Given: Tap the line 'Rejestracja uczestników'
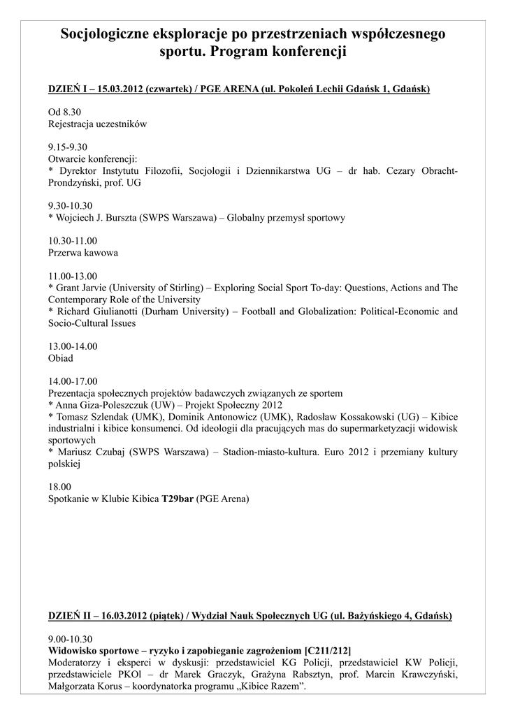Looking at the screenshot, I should (x=98, y=124).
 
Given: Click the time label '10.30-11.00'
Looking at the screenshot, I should (x=73, y=240).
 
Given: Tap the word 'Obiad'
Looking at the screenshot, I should (x=61, y=358).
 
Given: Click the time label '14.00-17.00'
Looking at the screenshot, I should (x=73, y=381).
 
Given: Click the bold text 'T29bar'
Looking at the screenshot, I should (x=178, y=499).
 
